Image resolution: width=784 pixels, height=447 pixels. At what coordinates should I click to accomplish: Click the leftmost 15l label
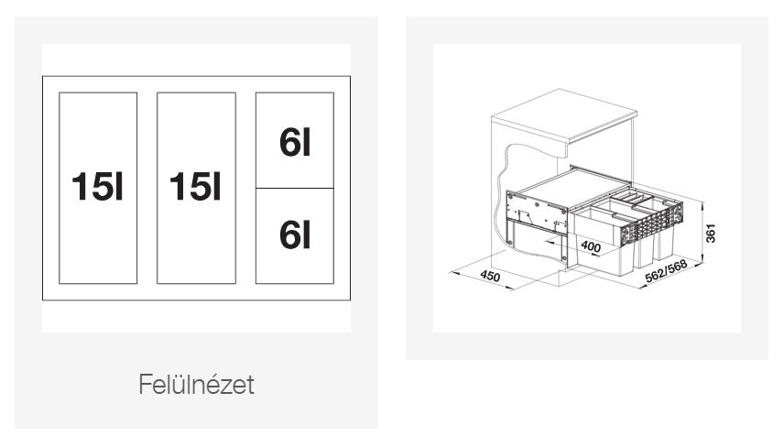(97, 187)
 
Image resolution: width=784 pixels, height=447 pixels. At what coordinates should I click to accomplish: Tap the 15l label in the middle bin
(195, 187)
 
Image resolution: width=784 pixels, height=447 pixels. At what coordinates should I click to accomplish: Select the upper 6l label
(295, 142)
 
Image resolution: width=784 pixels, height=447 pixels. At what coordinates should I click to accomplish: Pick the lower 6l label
(295, 235)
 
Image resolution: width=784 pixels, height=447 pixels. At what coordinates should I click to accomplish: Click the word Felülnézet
(196, 385)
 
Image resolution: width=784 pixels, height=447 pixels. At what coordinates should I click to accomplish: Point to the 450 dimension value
(490, 276)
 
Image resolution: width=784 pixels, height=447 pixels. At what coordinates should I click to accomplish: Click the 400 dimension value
(591, 246)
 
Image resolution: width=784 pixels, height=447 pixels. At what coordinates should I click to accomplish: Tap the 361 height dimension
(711, 234)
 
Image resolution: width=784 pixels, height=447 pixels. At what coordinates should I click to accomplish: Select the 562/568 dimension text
(666, 271)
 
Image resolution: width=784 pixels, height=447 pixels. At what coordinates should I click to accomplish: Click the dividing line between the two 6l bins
(295, 189)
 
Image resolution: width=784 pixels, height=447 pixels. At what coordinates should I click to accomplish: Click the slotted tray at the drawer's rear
(631, 197)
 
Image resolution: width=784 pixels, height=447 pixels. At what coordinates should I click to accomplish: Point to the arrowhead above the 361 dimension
(702, 204)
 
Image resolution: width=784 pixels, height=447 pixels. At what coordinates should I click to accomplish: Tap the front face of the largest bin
(606, 260)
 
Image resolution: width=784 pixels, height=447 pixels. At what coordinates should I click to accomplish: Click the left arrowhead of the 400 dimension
(549, 242)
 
